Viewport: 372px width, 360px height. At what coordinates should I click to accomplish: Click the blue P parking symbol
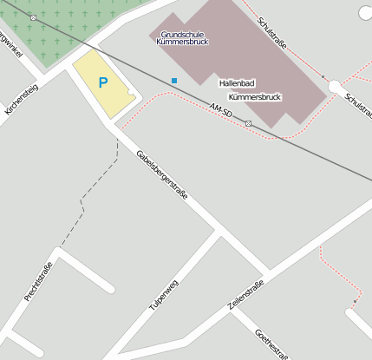tap(103, 83)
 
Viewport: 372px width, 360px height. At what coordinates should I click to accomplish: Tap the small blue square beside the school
tap(174, 81)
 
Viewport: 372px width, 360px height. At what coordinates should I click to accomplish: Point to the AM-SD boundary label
tap(221, 109)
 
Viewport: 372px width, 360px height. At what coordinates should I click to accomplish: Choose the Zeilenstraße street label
tap(245, 295)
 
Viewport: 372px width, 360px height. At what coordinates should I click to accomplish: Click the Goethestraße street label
tap(272, 344)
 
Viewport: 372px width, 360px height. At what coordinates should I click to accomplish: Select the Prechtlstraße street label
tap(39, 282)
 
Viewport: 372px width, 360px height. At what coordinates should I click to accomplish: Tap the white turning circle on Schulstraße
tap(335, 86)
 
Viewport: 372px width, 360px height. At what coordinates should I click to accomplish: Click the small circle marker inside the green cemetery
tap(33, 17)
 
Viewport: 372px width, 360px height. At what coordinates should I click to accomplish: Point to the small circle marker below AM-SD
tap(248, 124)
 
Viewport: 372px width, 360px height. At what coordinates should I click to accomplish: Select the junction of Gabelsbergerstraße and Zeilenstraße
tap(266, 276)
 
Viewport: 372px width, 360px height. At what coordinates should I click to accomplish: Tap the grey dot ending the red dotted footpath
tap(354, 302)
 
